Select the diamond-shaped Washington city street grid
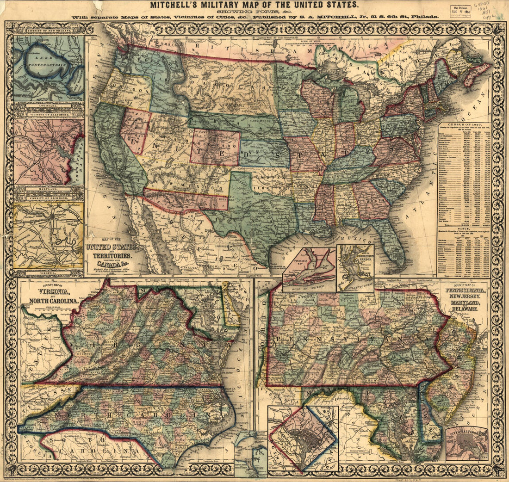pyautogui.click(x=303, y=437)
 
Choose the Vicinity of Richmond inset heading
pyautogui.click(x=49, y=198)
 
